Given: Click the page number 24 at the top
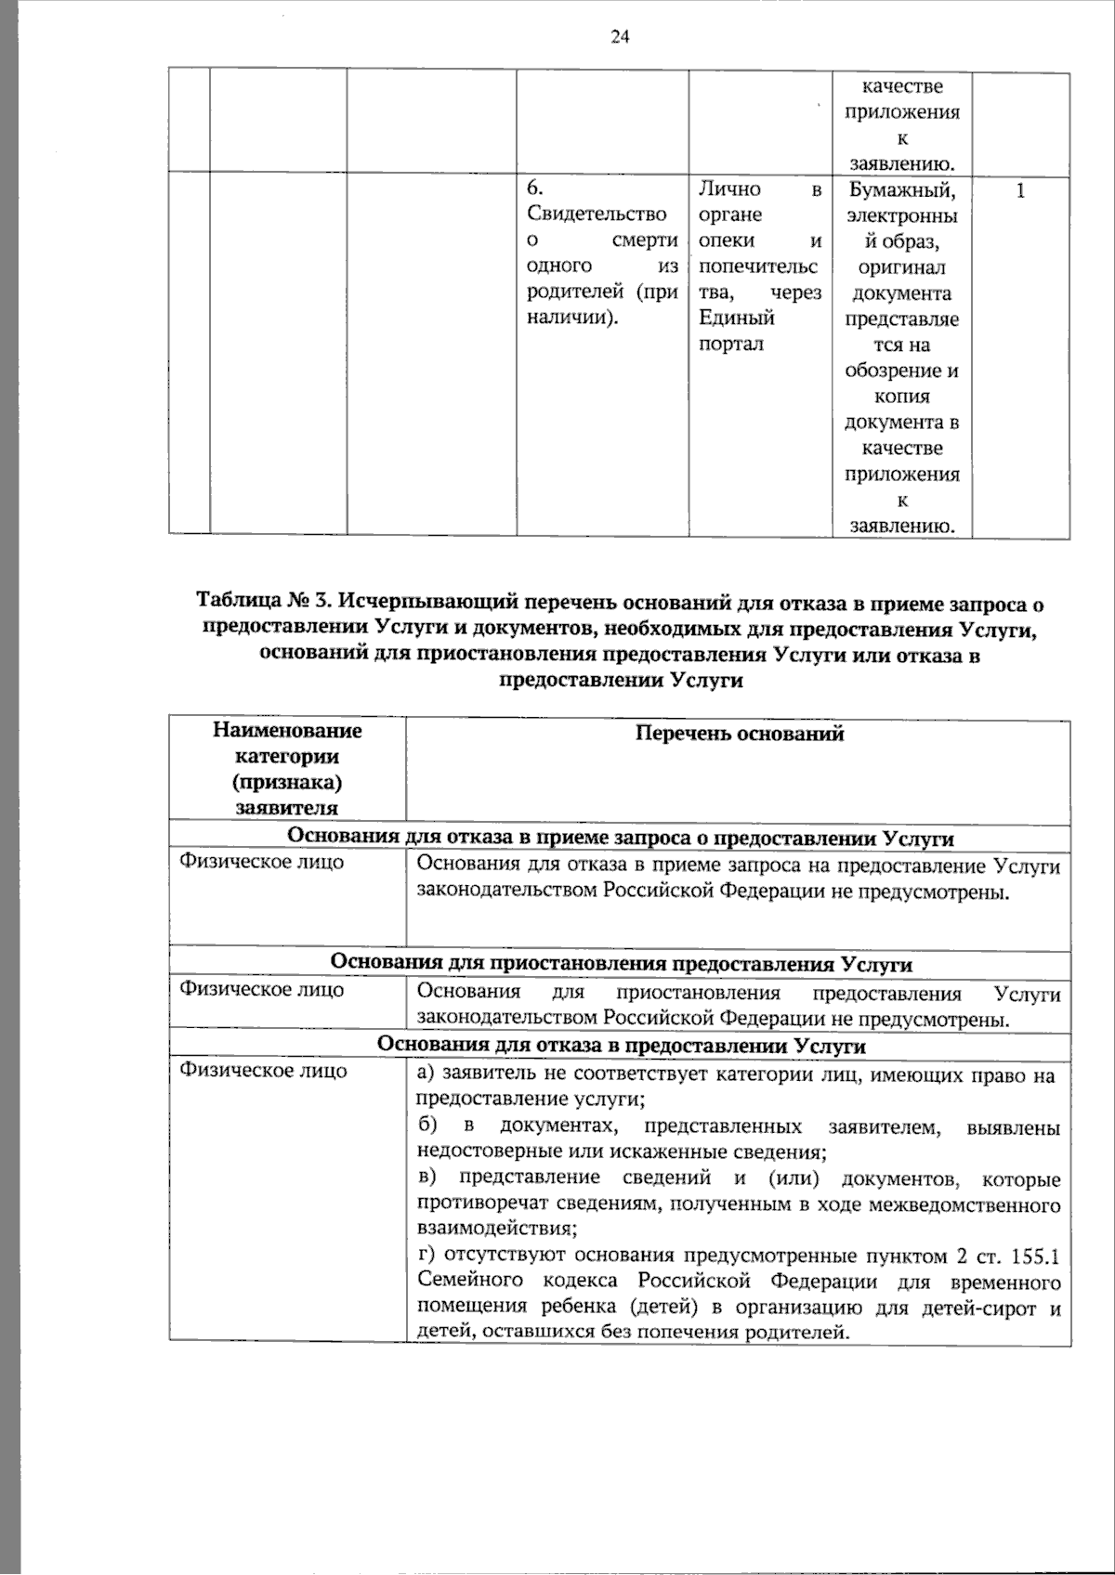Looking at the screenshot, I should [621, 37].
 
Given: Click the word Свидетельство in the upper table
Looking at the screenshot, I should [597, 215].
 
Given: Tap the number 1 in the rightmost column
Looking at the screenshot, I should [1021, 190].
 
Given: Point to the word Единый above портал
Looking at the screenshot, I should [737, 319].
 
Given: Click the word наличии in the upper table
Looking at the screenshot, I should [571, 319].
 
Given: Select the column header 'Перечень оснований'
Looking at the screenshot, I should [740, 734].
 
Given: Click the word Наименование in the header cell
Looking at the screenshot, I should [287, 730].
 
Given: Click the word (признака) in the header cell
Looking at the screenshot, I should [287, 781].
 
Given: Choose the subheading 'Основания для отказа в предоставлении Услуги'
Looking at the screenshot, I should [621, 1046].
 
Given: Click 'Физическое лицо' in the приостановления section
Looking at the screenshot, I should [261, 989].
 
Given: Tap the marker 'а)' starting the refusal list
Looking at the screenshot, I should [426, 1075].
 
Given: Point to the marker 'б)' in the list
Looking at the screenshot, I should [427, 1127].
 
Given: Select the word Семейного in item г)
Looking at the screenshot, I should [461, 1282].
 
